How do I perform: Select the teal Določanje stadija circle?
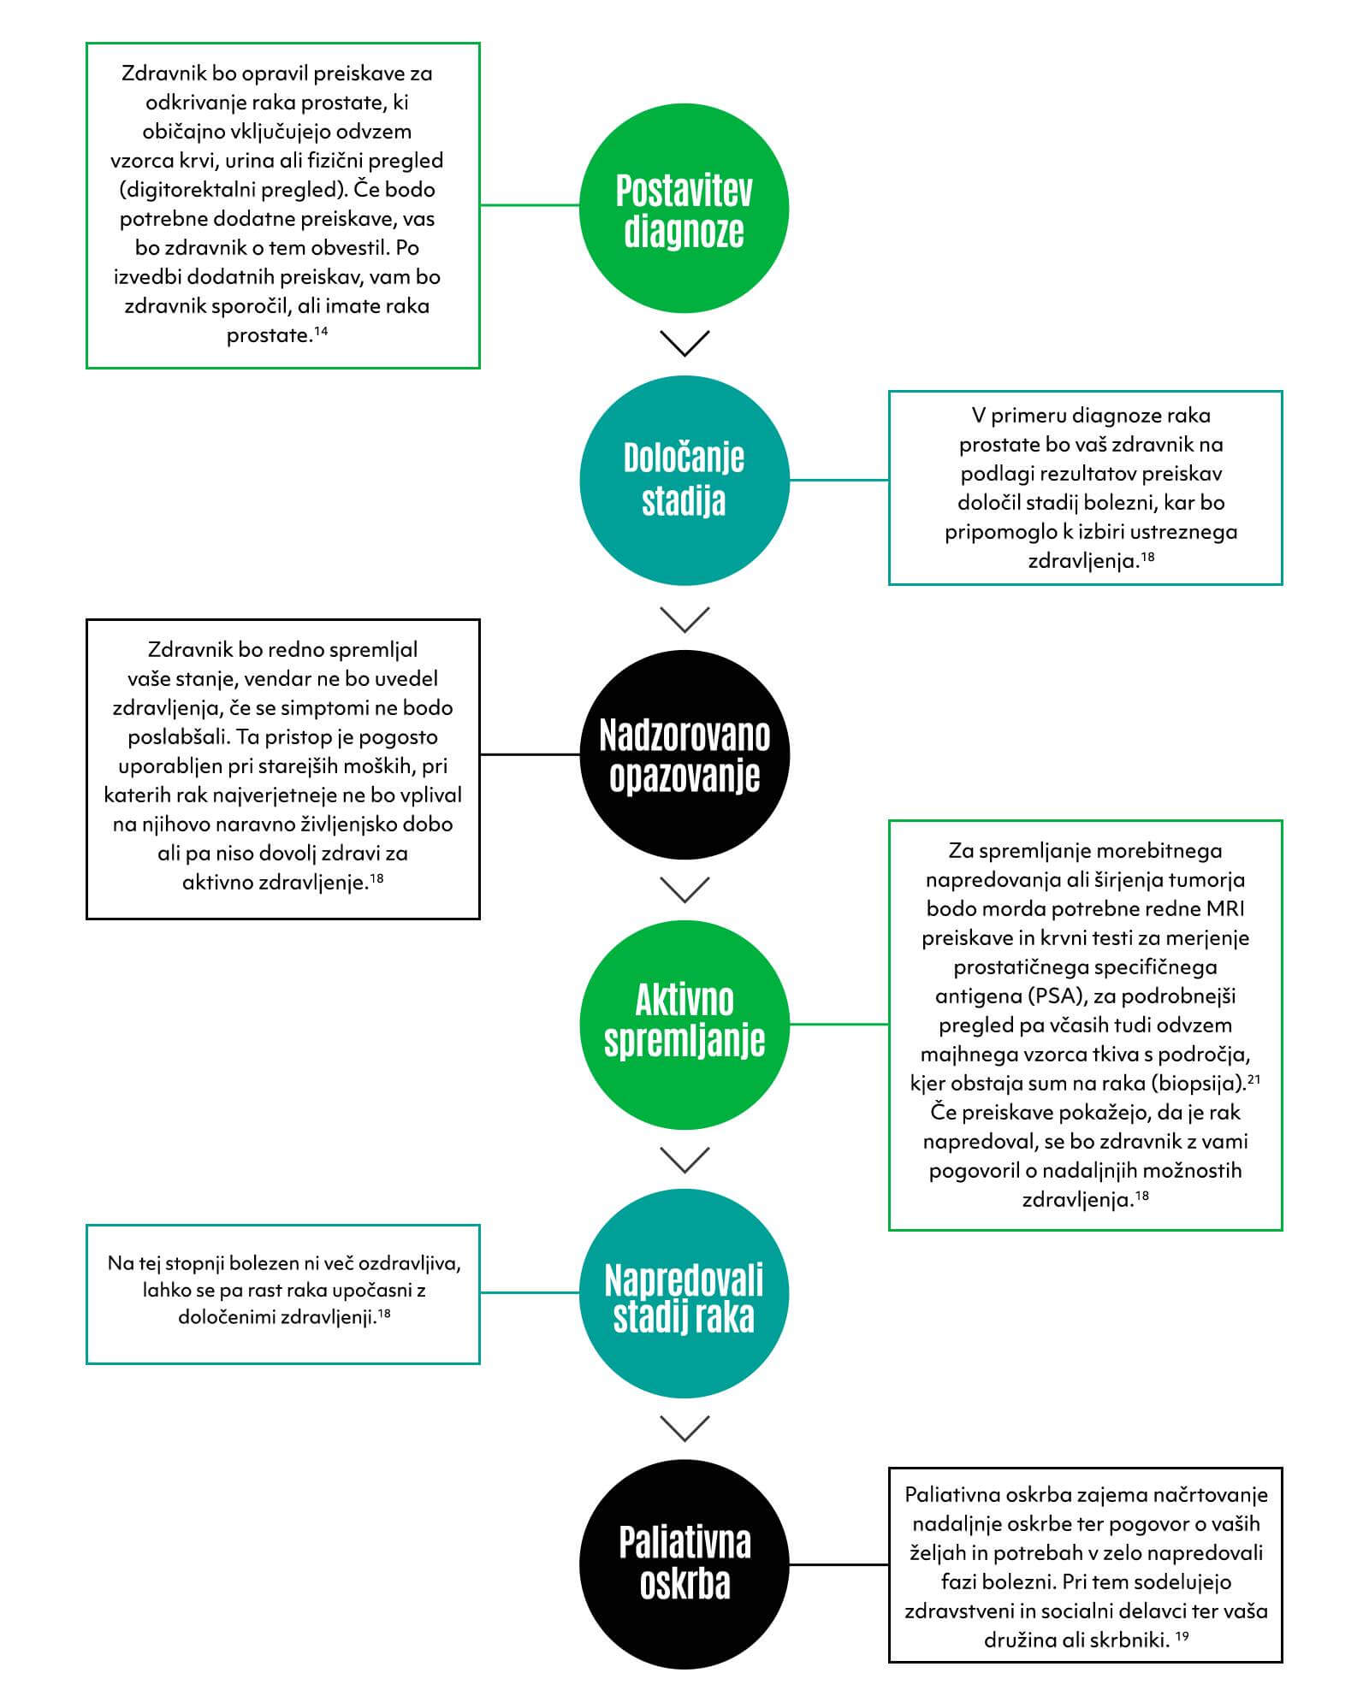(684, 481)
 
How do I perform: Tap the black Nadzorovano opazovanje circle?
(684, 754)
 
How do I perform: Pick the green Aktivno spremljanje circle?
(684, 1024)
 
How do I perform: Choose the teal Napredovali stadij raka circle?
(684, 1293)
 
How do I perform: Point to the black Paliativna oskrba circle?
(684, 1564)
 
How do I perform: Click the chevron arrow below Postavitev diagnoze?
(685, 343)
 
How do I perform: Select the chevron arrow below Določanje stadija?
(685, 619)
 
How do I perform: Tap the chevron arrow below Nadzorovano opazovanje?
(685, 889)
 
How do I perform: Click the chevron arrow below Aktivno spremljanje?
(685, 1160)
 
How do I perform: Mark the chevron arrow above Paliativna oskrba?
(685, 1428)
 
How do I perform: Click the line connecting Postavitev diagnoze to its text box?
(530, 205)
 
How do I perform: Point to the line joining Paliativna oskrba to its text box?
(839, 1564)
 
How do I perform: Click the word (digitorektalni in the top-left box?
(182, 190)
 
